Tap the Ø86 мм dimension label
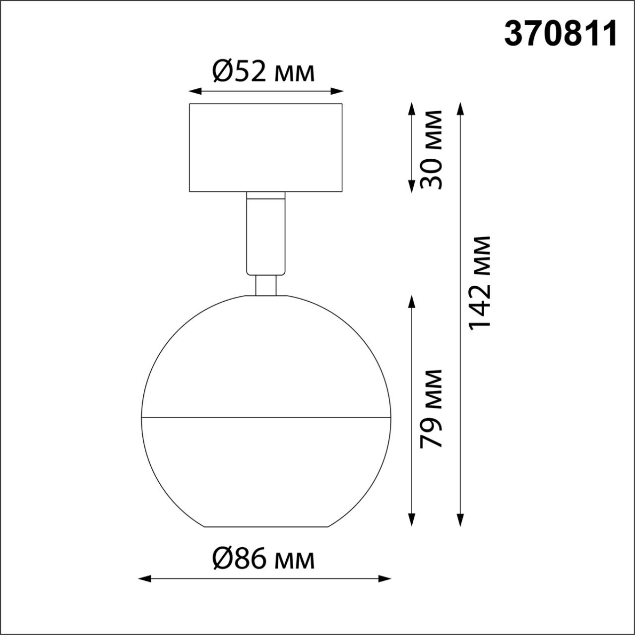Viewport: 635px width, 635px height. coord(263,560)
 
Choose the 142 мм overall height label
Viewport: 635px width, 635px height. coord(480,282)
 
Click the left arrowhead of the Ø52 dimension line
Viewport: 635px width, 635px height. coord(194,91)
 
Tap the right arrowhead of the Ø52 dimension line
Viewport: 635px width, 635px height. coord(337,91)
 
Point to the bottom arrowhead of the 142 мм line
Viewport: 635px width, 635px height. coord(460,519)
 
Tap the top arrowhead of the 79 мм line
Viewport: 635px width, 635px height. coord(411,303)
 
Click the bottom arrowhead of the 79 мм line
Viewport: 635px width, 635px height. coord(411,519)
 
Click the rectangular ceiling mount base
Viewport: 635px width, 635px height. coord(265,148)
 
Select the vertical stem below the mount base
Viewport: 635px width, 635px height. coord(265,233)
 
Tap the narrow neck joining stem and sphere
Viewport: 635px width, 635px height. coord(265,285)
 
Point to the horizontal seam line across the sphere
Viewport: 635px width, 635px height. coord(265,417)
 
